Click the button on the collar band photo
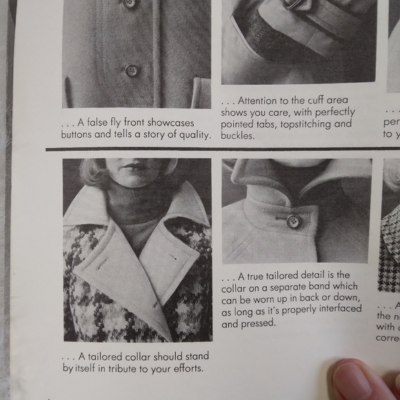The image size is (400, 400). (293, 221)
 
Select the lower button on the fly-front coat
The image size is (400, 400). (131, 70)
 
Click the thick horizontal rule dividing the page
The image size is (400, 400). (221, 148)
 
